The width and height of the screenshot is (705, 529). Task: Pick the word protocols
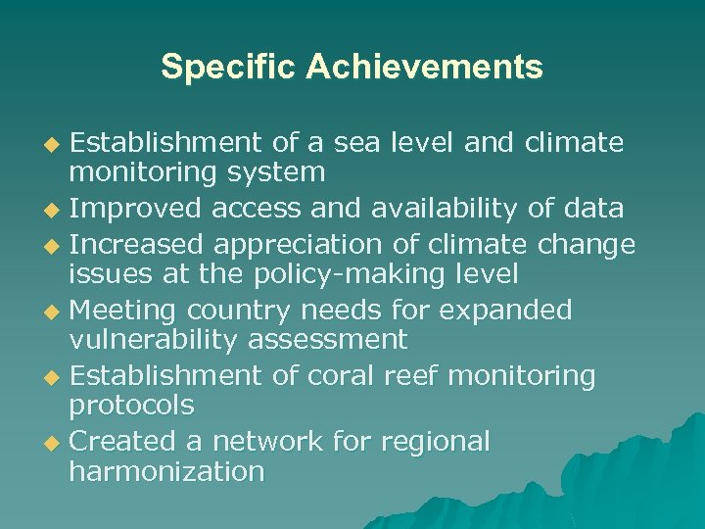(131, 405)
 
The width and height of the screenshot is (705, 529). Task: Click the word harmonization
(166, 471)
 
